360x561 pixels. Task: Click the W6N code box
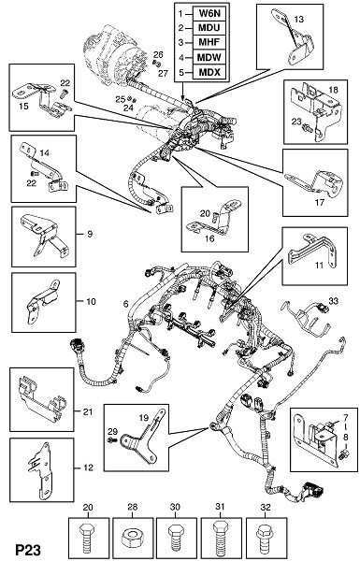coord(209,14)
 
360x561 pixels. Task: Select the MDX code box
coord(209,72)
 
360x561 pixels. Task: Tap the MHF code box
coord(209,43)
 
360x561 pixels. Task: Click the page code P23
coord(28,550)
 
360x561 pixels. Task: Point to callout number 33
coord(333,302)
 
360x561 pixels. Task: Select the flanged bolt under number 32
coord(264,536)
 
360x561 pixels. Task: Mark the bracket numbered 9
coord(45,235)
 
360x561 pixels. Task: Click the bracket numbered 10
coord(42,301)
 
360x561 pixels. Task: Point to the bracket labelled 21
coord(40,399)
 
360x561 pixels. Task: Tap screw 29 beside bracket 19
coord(113,439)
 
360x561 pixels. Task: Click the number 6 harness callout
coord(125,304)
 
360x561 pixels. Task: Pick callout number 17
coord(319,203)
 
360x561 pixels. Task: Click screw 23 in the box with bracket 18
coord(307,127)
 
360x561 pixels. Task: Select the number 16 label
coord(209,238)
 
